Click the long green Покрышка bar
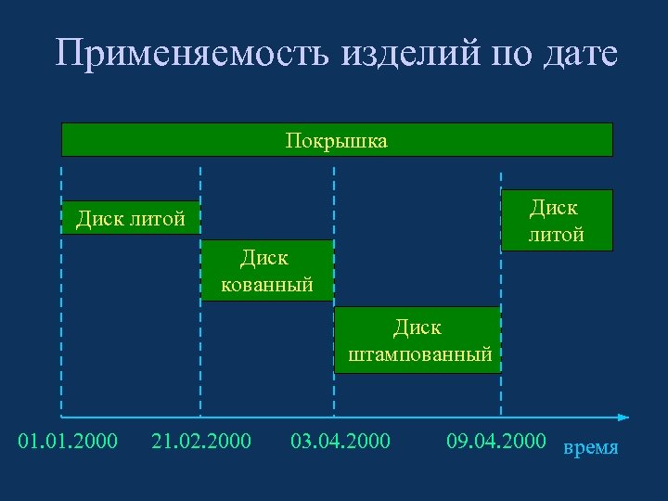337,140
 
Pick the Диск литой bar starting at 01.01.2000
131,218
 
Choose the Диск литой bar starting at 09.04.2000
557,221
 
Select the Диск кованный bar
267,270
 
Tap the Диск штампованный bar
417,340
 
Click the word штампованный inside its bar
420,354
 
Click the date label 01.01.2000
69,441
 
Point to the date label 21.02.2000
201,441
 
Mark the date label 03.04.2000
340,441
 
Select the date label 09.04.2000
496,441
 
